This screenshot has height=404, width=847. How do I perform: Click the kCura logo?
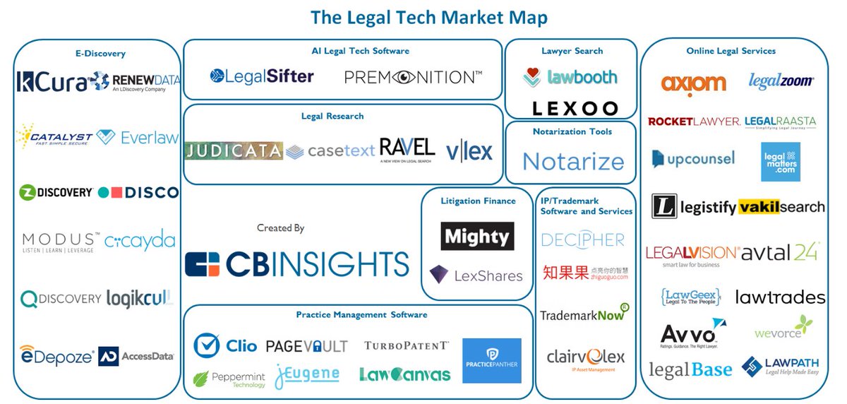pos(53,81)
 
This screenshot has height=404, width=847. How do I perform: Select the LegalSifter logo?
pos(262,76)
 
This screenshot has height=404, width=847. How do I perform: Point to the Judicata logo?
pos(234,150)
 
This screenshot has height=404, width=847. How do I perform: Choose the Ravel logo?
pos(407,149)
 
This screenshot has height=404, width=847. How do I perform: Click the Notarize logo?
pos(573,162)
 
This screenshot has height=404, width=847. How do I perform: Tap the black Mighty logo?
pos(477,237)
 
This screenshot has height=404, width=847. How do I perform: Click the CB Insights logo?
pos(297,263)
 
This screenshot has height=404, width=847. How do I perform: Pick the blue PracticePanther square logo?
pos(492,361)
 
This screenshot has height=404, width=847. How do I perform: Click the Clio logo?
pos(226,345)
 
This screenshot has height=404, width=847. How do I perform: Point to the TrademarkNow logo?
pos(584,314)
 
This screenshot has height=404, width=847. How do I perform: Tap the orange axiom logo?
pos(693,84)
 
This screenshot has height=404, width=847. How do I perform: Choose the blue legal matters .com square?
pos(781,162)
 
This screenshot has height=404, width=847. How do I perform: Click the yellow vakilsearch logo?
pos(781,207)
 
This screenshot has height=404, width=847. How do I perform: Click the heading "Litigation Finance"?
pos(479,201)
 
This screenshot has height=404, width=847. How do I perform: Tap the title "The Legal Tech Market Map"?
pos(428,16)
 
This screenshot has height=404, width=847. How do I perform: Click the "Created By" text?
pos(281,228)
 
